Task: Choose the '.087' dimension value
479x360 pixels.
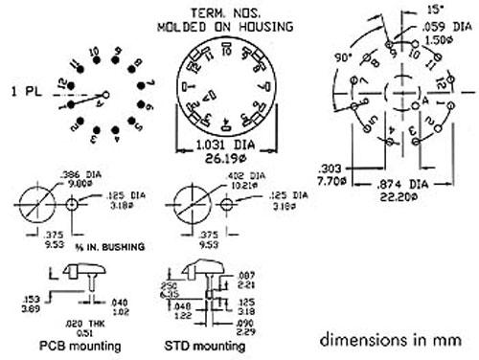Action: pos(244,274)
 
